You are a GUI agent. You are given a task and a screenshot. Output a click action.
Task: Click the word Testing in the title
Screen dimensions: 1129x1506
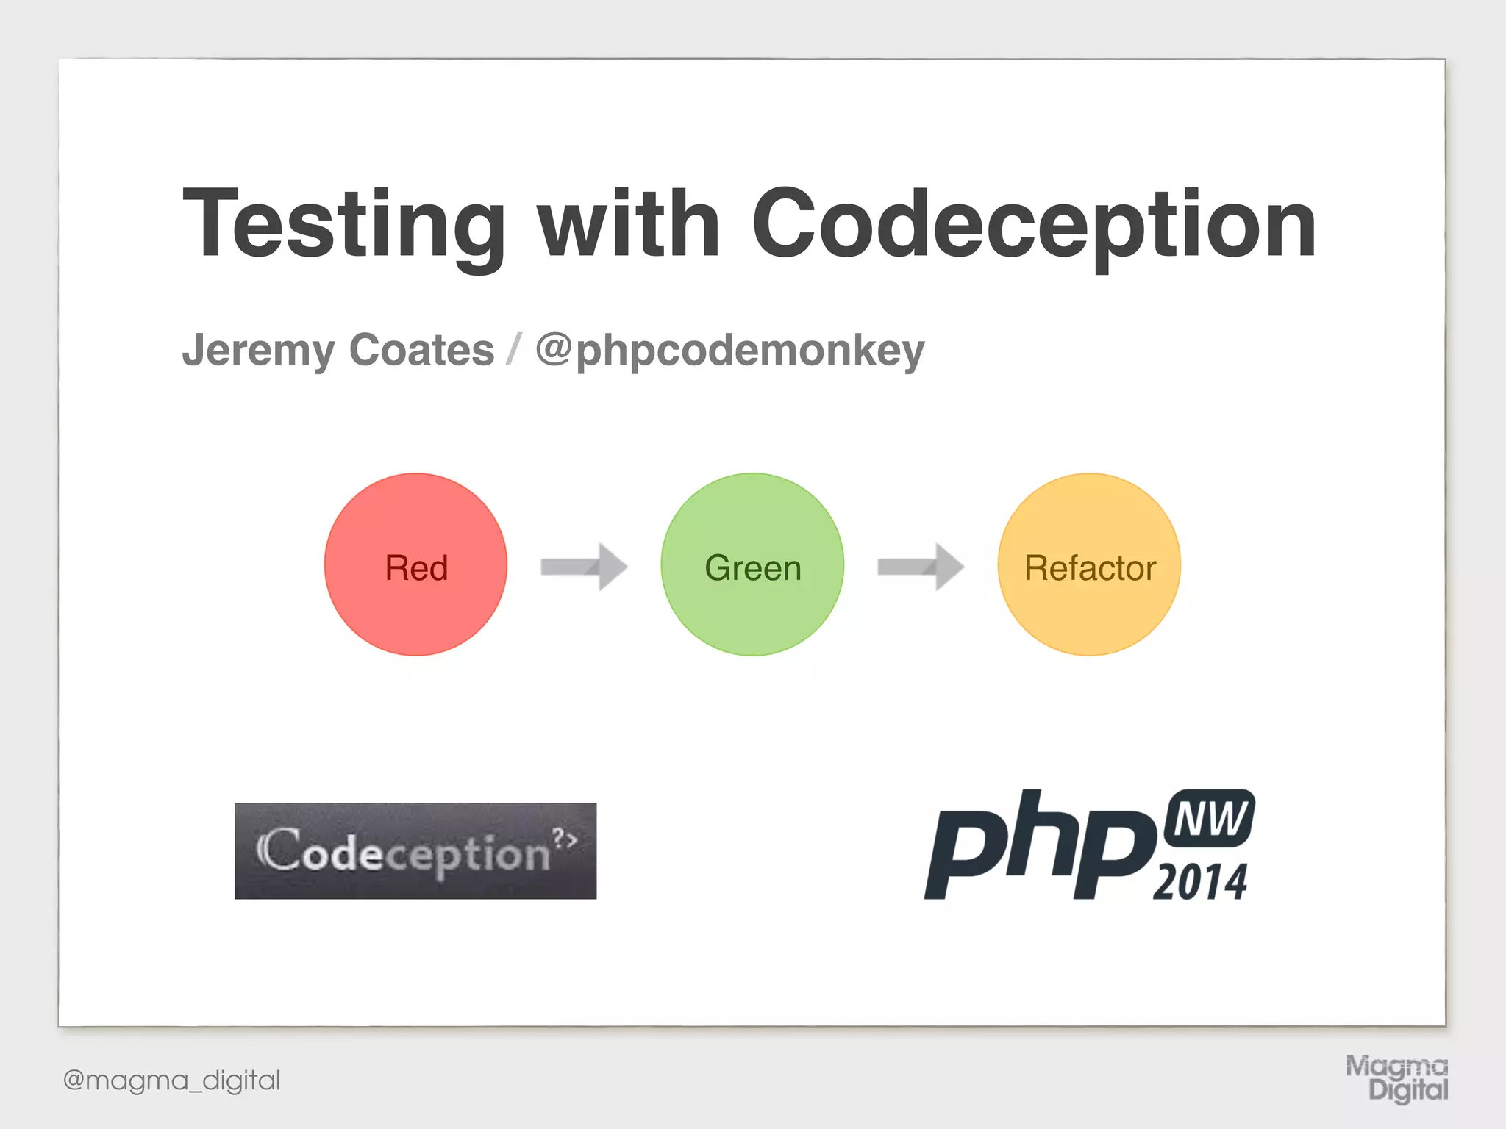click(344, 224)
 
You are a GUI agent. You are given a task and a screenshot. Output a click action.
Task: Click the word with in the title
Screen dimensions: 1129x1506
click(629, 224)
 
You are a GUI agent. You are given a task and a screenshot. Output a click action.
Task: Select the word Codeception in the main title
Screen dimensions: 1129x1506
click(1033, 224)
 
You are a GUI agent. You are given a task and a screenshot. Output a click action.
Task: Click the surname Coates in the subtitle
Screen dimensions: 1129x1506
click(421, 350)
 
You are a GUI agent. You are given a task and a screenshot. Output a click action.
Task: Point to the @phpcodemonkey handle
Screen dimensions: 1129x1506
click(729, 351)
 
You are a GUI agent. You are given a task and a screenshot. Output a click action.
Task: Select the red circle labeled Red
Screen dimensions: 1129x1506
click(415, 564)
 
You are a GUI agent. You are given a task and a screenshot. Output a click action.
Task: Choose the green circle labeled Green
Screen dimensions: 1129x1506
click(752, 564)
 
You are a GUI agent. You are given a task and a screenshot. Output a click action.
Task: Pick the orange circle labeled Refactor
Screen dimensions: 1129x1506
click(1089, 564)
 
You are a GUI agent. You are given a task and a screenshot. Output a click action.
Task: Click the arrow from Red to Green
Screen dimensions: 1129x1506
click(584, 567)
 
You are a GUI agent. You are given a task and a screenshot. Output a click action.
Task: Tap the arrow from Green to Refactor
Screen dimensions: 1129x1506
click(921, 567)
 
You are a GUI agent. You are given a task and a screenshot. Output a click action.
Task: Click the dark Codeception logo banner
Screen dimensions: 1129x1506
click(415, 851)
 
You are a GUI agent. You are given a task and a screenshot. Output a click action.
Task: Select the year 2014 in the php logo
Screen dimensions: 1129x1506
click(1200, 882)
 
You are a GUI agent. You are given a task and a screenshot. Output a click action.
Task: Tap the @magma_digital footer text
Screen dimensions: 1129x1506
click(172, 1080)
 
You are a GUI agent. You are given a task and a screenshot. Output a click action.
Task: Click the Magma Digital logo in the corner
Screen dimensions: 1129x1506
click(1397, 1078)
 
